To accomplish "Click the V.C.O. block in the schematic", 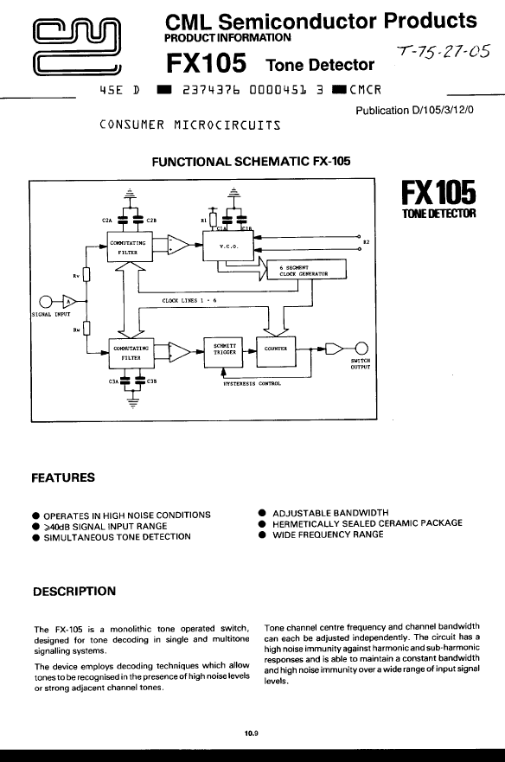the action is tap(228, 247).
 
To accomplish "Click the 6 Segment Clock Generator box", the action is tap(307, 270).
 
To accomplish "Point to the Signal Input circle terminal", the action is tap(45, 302).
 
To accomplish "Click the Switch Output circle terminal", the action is tap(361, 349).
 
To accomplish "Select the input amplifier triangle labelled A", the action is tap(68, 301).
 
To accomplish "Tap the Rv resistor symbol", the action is tap(86, 276).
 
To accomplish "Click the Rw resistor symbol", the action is tap(86, 329).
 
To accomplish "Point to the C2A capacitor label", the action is tap(107, 221).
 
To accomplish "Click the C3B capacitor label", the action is tap(151, 381).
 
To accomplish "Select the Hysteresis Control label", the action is tap(252, 383).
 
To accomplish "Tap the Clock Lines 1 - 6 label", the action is tap(189, 300).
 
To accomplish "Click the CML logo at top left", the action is tap(77, 48).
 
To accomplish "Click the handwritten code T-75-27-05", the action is tap(442, 51).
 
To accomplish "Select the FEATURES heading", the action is tap(63, 477).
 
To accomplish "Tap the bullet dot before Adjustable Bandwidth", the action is tap(262, 513).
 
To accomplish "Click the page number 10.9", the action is tap(252, 733).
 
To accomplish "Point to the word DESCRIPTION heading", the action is tap(74, 592).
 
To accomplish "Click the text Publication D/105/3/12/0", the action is tap(414, 111).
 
